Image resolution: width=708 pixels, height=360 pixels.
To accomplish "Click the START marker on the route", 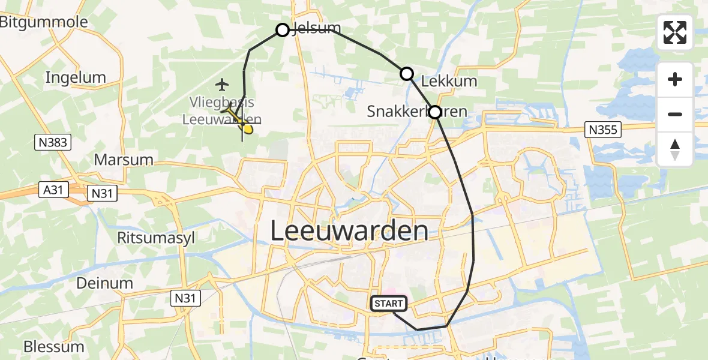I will tap(389, 304).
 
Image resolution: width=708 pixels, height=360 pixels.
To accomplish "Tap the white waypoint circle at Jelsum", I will tap(283, 30).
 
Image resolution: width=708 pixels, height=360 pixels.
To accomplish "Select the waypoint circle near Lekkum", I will tap(407, 74).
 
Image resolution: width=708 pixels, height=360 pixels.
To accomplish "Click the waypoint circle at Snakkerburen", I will tap(434, 112).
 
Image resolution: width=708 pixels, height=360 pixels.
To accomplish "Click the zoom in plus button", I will tap(675, 79).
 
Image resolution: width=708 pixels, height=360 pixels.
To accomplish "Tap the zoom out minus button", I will tap(675, 114).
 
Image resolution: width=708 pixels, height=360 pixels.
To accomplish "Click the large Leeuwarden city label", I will tap(350, 231).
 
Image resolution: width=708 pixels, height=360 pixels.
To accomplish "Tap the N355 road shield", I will tap(602, 129).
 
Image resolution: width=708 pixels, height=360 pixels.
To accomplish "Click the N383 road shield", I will tap(53, 142).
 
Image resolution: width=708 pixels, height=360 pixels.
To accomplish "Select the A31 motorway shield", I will tap(53, 190).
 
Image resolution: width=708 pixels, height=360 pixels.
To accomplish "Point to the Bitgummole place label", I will tap(44, 22).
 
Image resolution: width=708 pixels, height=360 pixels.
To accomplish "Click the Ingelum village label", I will tap(76, 77).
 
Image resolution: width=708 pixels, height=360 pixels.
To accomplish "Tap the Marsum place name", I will tap(124, 160).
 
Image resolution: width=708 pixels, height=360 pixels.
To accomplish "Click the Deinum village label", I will tap(104, 283).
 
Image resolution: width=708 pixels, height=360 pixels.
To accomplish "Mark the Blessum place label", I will tap(53, 347).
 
